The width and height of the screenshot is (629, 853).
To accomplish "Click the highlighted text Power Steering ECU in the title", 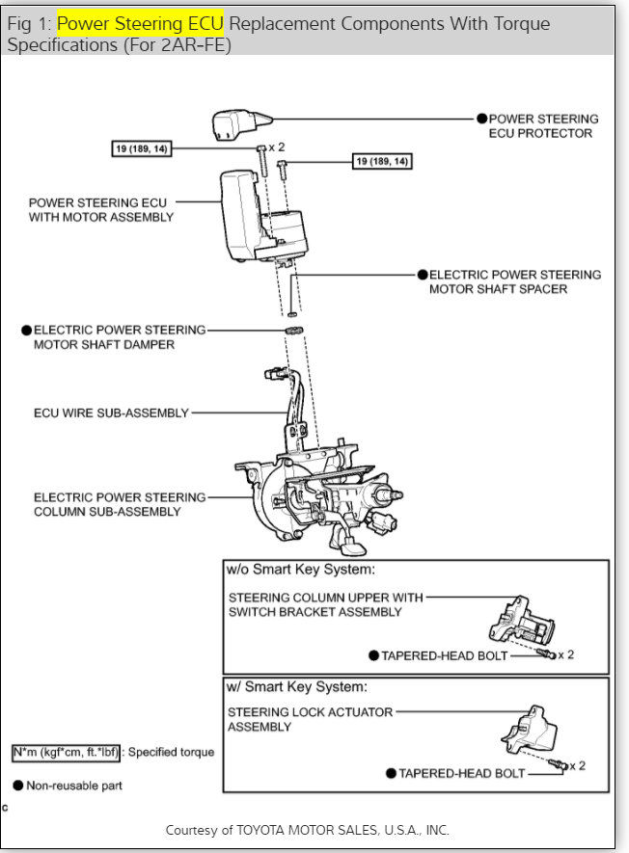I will click(140, 23).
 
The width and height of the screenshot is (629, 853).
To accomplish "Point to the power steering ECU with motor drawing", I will click(260, 217).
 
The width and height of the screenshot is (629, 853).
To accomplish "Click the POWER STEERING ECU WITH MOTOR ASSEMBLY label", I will click(101, 210).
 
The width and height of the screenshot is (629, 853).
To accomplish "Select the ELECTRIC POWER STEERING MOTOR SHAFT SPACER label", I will click(514, 281).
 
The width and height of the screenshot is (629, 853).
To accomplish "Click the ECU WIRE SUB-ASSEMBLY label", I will click(111, 413).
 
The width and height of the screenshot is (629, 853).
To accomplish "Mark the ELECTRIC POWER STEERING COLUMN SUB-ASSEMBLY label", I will click(120, 504).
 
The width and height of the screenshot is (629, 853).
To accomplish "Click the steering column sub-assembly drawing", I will click(318, 492).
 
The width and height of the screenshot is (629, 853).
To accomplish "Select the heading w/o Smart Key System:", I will click(300, 570).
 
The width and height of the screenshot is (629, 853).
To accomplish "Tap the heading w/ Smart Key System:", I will click(296, 686).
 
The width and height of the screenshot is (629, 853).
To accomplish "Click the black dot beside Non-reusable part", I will click(17, 786).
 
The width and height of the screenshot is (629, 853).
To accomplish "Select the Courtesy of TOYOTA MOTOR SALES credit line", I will click(308, 830).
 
